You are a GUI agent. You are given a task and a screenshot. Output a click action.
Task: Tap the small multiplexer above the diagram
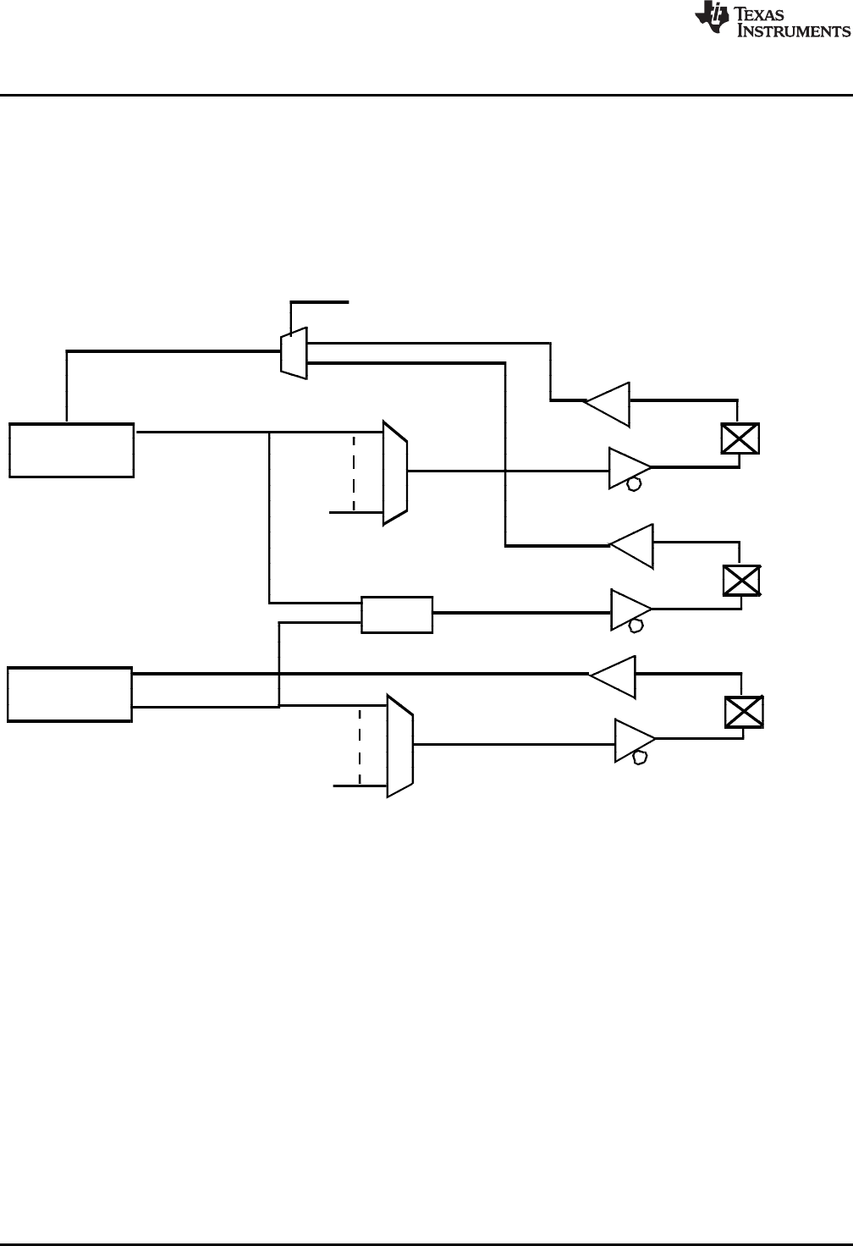coord(294,354)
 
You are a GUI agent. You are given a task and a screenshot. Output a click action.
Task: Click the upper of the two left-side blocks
coord(72,450)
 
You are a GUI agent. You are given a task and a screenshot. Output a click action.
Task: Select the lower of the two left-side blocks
coord(70,694)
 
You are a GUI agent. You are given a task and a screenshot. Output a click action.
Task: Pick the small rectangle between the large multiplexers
coord(397,615)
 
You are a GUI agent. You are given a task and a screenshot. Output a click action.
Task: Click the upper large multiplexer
coord(395,472)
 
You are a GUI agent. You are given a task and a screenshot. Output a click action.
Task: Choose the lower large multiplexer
coord(399,746)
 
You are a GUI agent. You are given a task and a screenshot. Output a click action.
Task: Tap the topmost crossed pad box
coord(740,438)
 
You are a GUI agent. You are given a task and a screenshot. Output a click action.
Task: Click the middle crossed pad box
coord(741,580)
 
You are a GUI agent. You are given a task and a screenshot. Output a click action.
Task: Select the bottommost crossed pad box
coord(745,711)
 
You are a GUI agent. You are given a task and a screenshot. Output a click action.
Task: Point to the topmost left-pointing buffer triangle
coord(608,404)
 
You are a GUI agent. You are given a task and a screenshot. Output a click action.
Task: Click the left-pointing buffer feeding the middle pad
coord(631,546)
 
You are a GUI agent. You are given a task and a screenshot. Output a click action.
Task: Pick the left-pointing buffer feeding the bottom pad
coord(614,676)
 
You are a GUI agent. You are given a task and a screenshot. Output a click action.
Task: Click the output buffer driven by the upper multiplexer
coord(629,468)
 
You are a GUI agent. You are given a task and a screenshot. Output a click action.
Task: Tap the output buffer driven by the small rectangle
coord(630,610)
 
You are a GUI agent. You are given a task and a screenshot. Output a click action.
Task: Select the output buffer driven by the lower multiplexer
coord(634,742)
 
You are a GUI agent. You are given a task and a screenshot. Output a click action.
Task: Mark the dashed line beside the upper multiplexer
coord(354,472)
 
